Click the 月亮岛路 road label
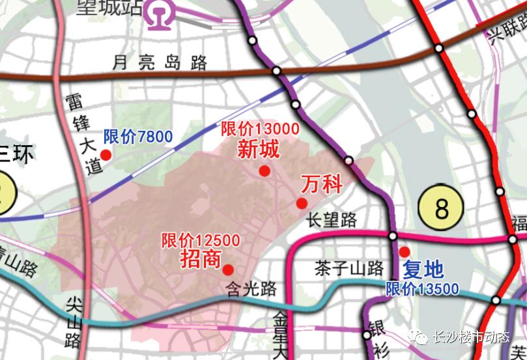(x=160, y=62)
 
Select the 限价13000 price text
(x=260, y=128)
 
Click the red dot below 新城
(x=264, y=171)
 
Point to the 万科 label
(x=322, y=184)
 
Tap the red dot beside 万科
(x=302, y=203)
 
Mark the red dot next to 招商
(x=229, y=270)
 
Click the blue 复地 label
(x=423, y=269)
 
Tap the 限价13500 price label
(x=422, y=289)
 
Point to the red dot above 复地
(x=405, y=251)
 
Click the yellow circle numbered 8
(x=442, y=208)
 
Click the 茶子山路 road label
(x=349, y=268)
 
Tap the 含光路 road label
(x=251, y=288)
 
